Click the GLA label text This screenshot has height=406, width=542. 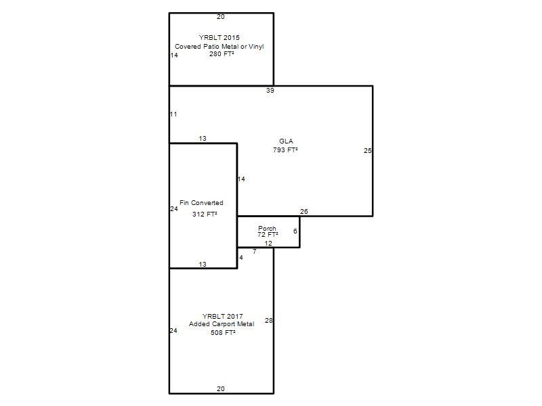tap(286, 141)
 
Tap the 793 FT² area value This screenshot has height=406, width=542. tap(285, 150)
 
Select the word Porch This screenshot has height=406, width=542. tap(267, 228)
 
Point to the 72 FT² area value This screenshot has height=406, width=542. tap(268, 234)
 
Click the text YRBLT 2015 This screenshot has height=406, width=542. tap(219, 38)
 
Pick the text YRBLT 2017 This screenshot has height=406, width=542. tap(223, 316)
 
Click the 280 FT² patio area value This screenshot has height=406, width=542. tap(222, 54)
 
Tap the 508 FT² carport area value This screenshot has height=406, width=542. tap(223, 332)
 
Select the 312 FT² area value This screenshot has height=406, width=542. tap(205, 214)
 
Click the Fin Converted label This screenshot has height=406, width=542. tap(201, 202)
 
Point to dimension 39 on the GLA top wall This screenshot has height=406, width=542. tap(270, 91)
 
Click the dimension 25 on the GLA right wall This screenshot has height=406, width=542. tap(367, 150)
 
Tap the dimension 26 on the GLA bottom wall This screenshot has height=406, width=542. tap(304, 211)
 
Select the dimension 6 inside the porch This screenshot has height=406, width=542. tap(295, 231)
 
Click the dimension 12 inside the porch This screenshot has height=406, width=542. tap(268, 244)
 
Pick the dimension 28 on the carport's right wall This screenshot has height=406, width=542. tap(268, 320)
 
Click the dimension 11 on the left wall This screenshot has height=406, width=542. tap(173, 114)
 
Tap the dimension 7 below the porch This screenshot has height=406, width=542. tap(255, 252)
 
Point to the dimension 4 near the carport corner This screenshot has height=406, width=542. tap(241, 258)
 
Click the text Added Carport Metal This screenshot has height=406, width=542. tap(222, 324)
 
